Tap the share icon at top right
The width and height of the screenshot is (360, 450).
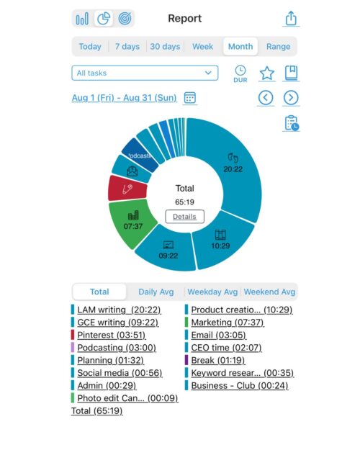[x=291, y=18]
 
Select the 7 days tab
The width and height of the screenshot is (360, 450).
[x=127, y=47]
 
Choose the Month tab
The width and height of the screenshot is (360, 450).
[x=240, y=47]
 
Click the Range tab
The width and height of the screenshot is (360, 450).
[x=278, y=47]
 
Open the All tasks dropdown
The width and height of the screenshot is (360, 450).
[x=145, y=73]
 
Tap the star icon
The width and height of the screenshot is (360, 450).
[x=266, y=73]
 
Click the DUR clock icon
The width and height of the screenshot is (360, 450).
[x=240, y=73]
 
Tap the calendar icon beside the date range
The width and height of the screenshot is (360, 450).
[x=190, y=97]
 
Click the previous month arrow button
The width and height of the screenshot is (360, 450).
[x=266, y=97]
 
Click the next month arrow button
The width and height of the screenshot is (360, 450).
[x=291, y=97]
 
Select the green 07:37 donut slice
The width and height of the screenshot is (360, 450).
[x=131, y=220]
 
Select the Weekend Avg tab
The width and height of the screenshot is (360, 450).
[x=269, y=292]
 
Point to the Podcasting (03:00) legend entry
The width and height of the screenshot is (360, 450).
[x=119, y=348]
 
